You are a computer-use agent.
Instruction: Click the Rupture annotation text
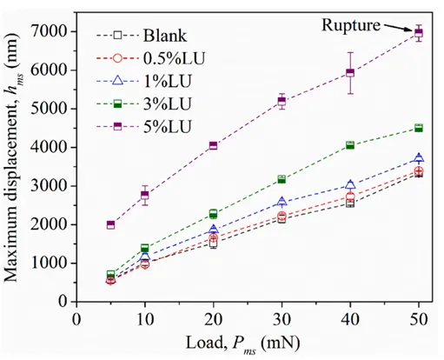[351, 25]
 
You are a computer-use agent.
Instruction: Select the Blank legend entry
[142, 36]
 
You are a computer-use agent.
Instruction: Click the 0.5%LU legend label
[174, 58]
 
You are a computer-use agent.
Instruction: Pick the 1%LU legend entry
[144, 81]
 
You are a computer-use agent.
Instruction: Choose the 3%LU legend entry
[144, 103]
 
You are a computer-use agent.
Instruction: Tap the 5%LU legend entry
[144, 126]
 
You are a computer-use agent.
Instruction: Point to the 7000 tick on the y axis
[49, 31]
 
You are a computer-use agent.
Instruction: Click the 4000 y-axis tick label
[49, 147]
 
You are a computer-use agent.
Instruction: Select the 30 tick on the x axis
[282, 320]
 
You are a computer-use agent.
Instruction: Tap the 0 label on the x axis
[76, 320]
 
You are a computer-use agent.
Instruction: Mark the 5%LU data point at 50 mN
[419, 33]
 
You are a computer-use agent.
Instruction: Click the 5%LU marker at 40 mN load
[350, 72]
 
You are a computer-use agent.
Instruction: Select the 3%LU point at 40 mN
[350, 145]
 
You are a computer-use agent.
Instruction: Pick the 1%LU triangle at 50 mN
[419, 157]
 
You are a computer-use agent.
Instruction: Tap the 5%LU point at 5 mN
[110, 224]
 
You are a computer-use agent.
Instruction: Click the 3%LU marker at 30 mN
[282, 179]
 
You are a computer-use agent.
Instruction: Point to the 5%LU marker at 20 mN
[213, 145]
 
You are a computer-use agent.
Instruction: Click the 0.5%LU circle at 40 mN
[350, 197]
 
